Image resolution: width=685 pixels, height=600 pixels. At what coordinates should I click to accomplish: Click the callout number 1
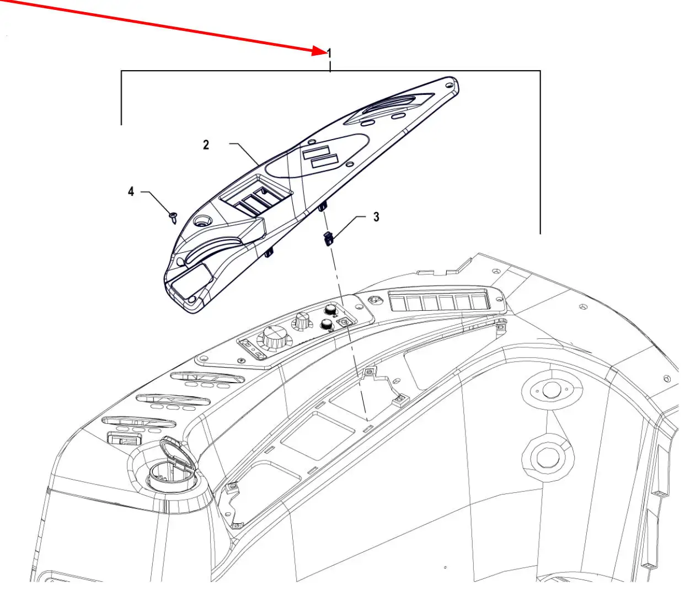click(329, 54)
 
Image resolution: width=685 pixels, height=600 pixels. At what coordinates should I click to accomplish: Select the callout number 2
click(206, 145)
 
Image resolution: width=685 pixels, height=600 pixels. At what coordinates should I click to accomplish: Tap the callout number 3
click(376, 217)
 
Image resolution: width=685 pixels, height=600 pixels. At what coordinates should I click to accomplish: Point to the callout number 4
click(131, 192)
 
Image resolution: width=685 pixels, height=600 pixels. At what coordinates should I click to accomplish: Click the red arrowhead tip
click(327, 53)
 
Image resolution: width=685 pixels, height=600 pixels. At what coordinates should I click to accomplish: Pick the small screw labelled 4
click(173, 218)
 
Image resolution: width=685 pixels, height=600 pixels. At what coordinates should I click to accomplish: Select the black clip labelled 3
click(329, 238)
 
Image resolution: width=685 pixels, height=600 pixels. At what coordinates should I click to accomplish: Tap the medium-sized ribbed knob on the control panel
click(302, 321)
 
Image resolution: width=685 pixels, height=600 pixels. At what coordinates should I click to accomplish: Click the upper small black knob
click(331, 310)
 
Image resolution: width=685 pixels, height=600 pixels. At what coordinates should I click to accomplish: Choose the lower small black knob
click(327, 325)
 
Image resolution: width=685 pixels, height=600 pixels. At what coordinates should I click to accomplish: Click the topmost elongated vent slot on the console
click(207, 377)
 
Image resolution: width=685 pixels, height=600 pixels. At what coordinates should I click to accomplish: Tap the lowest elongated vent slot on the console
click(139, 422)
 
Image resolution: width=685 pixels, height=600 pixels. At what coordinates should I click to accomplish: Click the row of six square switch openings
click(439, 300)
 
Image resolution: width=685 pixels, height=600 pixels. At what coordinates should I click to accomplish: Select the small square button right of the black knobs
click(345, 322)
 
